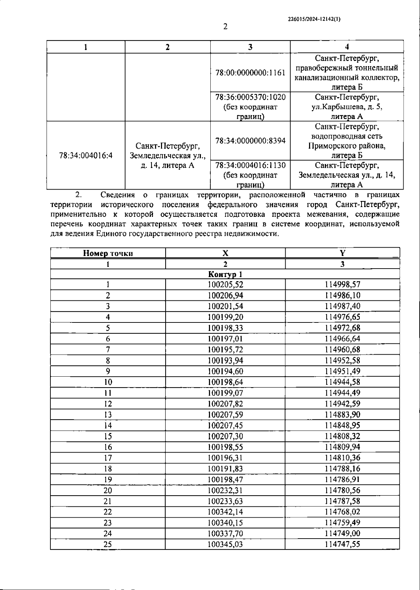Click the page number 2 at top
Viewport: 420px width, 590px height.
[225, 27]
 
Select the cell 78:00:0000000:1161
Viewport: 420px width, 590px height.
[250, 73]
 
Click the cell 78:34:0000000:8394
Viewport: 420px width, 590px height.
[250, 141]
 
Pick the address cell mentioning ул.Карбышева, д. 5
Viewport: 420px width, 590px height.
[347, 107]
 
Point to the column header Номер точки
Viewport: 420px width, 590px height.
[108, 253]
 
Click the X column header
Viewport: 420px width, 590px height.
[225, 253]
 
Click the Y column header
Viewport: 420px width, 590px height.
[342, 253]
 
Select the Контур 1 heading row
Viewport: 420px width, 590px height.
[225, 274]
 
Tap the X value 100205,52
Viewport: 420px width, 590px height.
[225, 285]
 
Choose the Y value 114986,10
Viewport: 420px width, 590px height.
[342, 296]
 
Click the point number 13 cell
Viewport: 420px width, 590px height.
[108, 415]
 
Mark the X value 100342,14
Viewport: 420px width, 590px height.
[225, 512]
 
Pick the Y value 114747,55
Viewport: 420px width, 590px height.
[342, 545]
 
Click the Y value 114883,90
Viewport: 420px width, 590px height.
[342, 415]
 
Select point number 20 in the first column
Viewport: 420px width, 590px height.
[108, 490]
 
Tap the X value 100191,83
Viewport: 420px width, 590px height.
[225, 469]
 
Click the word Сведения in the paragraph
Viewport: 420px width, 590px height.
[118, 195]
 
